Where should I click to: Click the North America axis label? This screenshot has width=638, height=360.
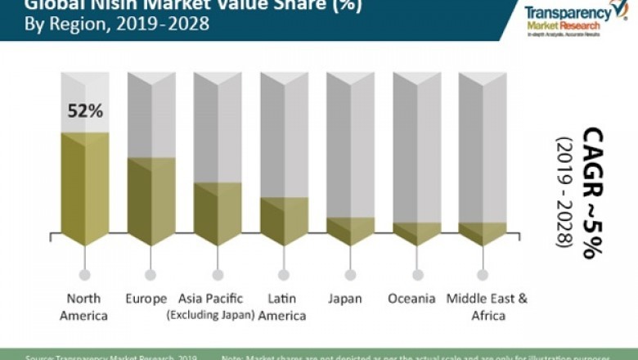(84, 307)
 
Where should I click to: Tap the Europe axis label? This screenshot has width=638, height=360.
(147, 299)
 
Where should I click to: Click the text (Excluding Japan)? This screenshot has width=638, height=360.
(210, 315)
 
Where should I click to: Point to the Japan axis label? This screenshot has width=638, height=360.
(345, 299)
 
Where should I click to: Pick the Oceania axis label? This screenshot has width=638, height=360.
(411, 299)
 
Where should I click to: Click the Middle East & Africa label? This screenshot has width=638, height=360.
(487, 307)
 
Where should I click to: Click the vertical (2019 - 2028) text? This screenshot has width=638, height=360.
(564, 192)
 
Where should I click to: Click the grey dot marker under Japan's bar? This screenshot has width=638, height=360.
(350, 275)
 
